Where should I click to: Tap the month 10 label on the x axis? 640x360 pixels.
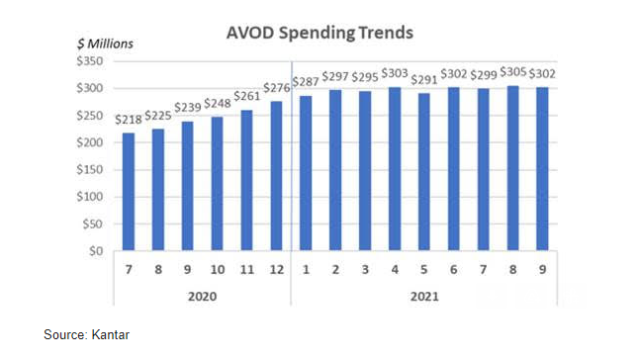(x=216, y=267)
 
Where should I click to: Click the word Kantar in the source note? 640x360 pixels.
(x=113, y=336)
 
